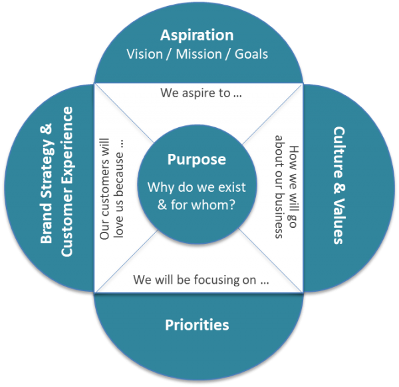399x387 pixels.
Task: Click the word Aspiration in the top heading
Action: click(x=198, y=35)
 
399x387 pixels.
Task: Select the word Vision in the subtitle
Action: click(x=144, y=53)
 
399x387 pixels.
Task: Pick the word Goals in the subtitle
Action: click(x=251, y=53)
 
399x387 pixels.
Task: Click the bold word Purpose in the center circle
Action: click(x=196, y=160)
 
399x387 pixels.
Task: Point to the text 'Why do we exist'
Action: click(x=196, y=187)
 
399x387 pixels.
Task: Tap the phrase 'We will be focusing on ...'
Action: click(x=201, y=280)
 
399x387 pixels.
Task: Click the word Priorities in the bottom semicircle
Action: click(x=197, y=325)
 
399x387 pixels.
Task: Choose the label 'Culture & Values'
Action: click(x=338, y=185)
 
